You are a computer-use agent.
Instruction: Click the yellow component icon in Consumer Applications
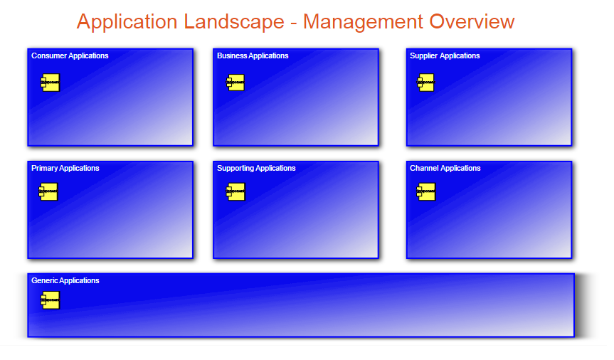(x=50, y=83)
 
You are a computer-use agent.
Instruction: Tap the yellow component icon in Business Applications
(x=235, y=83)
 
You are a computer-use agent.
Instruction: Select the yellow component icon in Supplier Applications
(x=425, y=83)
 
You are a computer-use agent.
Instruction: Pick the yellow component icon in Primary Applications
(x=48, y=192)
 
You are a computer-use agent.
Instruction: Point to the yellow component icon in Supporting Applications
(x=235, y=192)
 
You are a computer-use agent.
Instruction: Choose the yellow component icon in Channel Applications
(x=426, y=192)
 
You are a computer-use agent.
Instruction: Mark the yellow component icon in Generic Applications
(x=50, y=300)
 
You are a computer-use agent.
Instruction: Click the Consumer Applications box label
(x=70, y=55)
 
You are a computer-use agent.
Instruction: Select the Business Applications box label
(x=253, y=55)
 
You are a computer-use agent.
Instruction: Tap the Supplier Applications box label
(x=445, y=55)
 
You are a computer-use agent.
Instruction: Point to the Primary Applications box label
(x=65, y=169)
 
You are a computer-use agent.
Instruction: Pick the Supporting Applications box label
(x=256, y=169)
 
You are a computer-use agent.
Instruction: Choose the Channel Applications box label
(x=445, y=169)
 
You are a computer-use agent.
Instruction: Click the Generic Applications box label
(x=65, y=281)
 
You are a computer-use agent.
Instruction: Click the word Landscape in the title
(x=233, y=22)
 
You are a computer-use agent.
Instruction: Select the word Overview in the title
(x=472, y=22)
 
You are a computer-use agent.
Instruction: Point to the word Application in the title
(x=127, y=22)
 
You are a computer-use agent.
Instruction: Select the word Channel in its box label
(x=423, y=169)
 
